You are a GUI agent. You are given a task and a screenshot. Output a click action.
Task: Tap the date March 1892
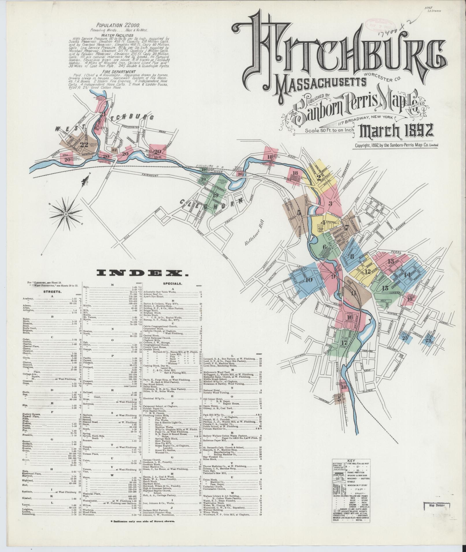396,130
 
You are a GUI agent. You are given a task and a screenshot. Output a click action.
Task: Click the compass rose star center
66,214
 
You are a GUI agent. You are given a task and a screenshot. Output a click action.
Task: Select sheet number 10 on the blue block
309,280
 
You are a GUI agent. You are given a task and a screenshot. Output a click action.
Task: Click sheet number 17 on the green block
344,343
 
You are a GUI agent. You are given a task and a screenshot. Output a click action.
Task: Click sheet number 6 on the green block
325,247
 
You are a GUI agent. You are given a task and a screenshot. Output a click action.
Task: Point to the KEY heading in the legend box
351,469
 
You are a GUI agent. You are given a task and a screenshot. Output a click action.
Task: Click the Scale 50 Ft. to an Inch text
329,130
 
